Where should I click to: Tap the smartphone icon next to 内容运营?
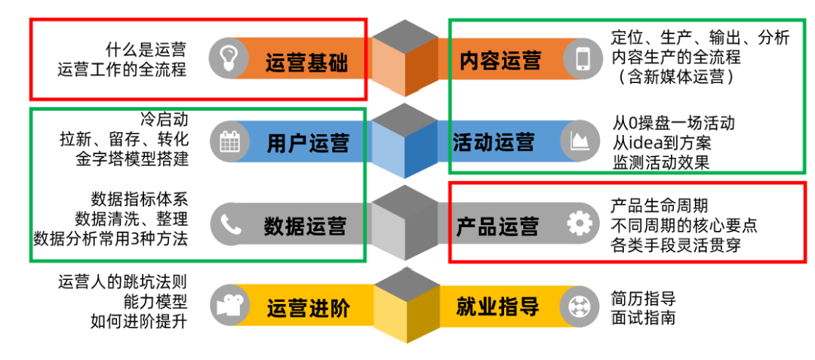click(x=582, y=58)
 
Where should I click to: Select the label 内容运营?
click(x=500, y=60)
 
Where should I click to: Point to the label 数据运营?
click(x=305, y=226)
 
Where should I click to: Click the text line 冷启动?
click(x=164, y=119)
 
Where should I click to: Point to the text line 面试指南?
click(x=643, y=318)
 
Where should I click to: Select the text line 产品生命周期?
click(x=659, y=206)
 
